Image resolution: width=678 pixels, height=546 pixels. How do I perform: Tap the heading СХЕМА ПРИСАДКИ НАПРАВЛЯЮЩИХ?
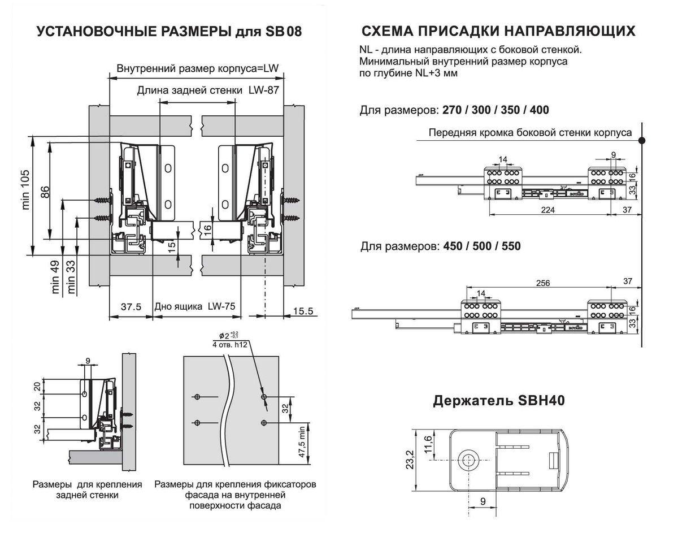coord(498,31)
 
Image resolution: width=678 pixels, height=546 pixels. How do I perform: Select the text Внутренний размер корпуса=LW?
coord(198,70)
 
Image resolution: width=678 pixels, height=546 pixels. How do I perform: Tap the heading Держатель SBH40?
coord(499,401)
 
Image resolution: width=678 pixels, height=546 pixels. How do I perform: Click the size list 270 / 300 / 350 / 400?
coord(496,110)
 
